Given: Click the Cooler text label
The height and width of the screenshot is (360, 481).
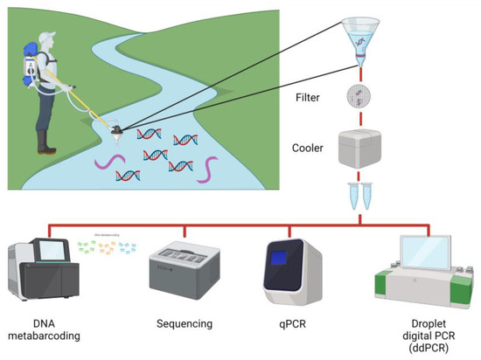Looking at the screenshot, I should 310,149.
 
